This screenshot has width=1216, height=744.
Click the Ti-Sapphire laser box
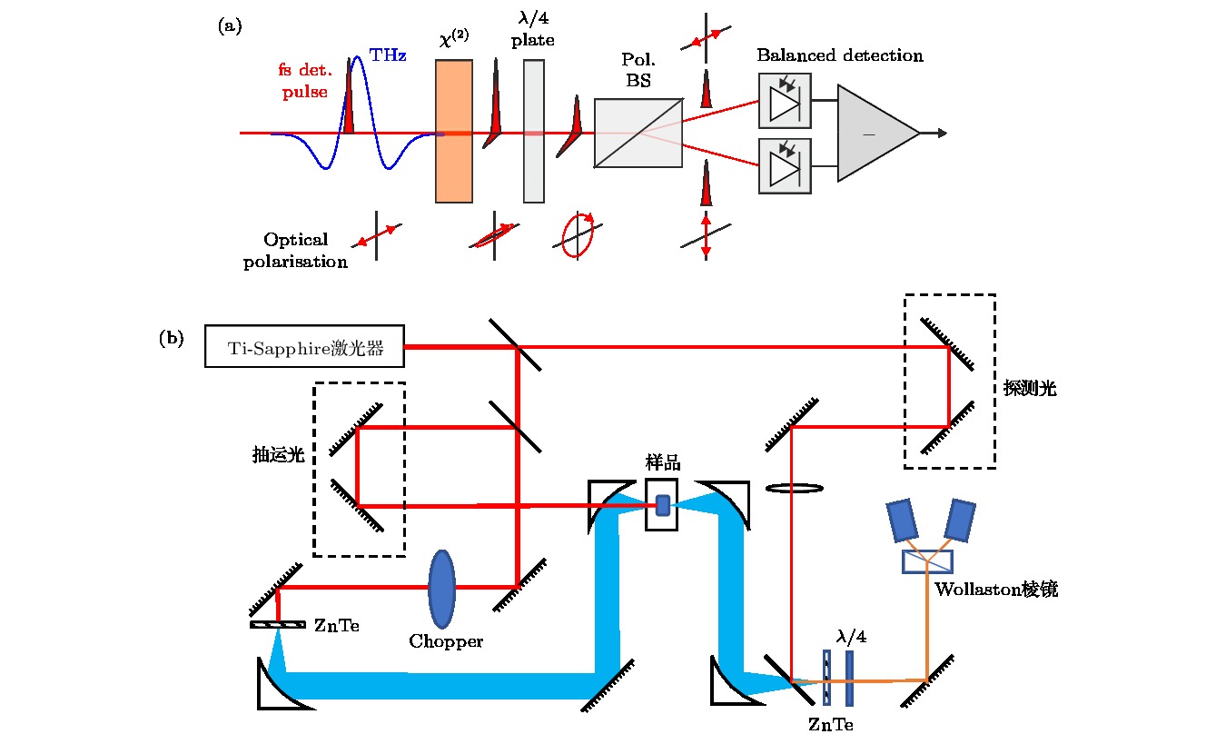click(x=304, y=345)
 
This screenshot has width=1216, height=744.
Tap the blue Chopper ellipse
click(x=442, y=589)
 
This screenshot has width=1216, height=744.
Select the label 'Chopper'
click(x=445, y=641)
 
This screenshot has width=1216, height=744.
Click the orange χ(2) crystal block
click(x=453, y=131)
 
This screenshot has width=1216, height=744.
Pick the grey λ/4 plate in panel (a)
click(x=534, y=131)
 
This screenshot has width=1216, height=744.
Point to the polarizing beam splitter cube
click(x=638, y=133)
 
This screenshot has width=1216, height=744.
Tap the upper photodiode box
click(x=785, y=101)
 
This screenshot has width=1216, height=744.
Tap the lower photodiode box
click(x=785, y=165)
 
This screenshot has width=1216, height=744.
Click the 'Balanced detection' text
click(x=840, y=55)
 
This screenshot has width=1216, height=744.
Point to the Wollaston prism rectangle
click(x=927, y=561)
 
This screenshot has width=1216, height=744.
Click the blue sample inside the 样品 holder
click(x=663, y=505)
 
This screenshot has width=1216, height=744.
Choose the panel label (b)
click(x=171, y=339)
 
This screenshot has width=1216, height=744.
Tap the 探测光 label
click(x=1030, y=389)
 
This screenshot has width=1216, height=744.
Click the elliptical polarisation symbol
click(x=577, y=235)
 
